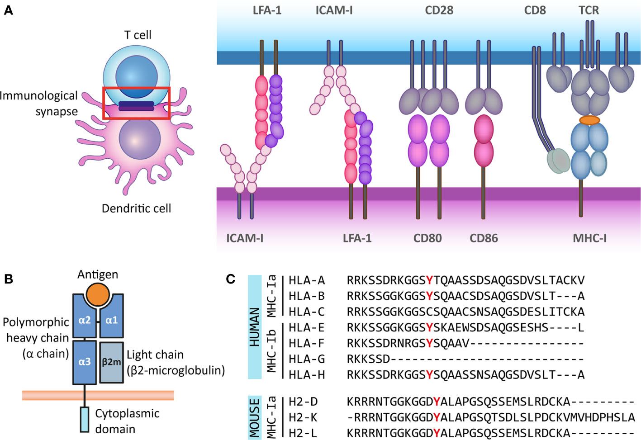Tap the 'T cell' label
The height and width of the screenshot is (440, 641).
click(x=138, y=35)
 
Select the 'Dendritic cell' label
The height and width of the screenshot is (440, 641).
click(x=136, y=208)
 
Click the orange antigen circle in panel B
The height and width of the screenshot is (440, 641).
click(x=98, y=294)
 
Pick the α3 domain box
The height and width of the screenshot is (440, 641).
click(x=85, y=362)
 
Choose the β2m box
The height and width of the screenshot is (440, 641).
click(x=111, y=362)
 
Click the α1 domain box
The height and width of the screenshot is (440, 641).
click(x=111, y=321)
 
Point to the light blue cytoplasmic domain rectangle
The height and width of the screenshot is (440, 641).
click(x=85, y=419)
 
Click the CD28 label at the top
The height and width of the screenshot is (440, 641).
click(x=439, y=10)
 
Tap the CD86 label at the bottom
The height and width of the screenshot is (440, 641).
click(x=484, y=238)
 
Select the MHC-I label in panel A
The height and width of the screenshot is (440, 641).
click(x=589, y=238)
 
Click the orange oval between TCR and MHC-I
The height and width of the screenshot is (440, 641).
click(x=589, y=120)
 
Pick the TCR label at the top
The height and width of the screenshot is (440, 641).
click(x=589, y=10)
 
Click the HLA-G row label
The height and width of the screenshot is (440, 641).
click(x=307, y=359)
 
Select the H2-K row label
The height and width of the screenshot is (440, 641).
click(x=303, y=417)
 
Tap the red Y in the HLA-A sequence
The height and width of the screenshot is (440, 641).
click(x=429, y=280)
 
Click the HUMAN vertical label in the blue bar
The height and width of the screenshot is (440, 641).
click(x=255, y=327)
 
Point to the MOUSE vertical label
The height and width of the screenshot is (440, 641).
click(x=255, y=417)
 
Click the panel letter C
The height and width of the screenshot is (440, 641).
click(x=231, y=279)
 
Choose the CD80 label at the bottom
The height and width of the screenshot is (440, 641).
click(x=427, y=238)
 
